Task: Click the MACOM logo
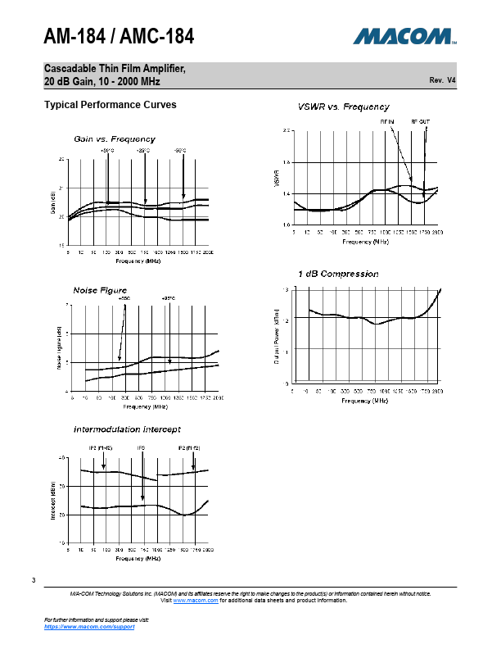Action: (404, 36)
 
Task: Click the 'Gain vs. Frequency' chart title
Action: (115, 138)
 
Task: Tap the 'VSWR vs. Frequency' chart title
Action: (343, 107)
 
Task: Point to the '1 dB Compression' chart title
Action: (337, 274)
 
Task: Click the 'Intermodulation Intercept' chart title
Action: (127, 429)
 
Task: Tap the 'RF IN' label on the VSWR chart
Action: (387, 121)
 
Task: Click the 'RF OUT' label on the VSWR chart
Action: (420, 121)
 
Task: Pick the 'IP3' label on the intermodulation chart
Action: (141, 448)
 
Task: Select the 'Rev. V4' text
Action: (442, 80)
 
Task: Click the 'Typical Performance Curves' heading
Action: (110, 105)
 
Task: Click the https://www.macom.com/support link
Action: (88, 626)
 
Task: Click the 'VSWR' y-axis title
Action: (276, 177)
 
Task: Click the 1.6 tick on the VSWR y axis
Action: (286, 162)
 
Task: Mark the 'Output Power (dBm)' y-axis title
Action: (276, 336)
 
